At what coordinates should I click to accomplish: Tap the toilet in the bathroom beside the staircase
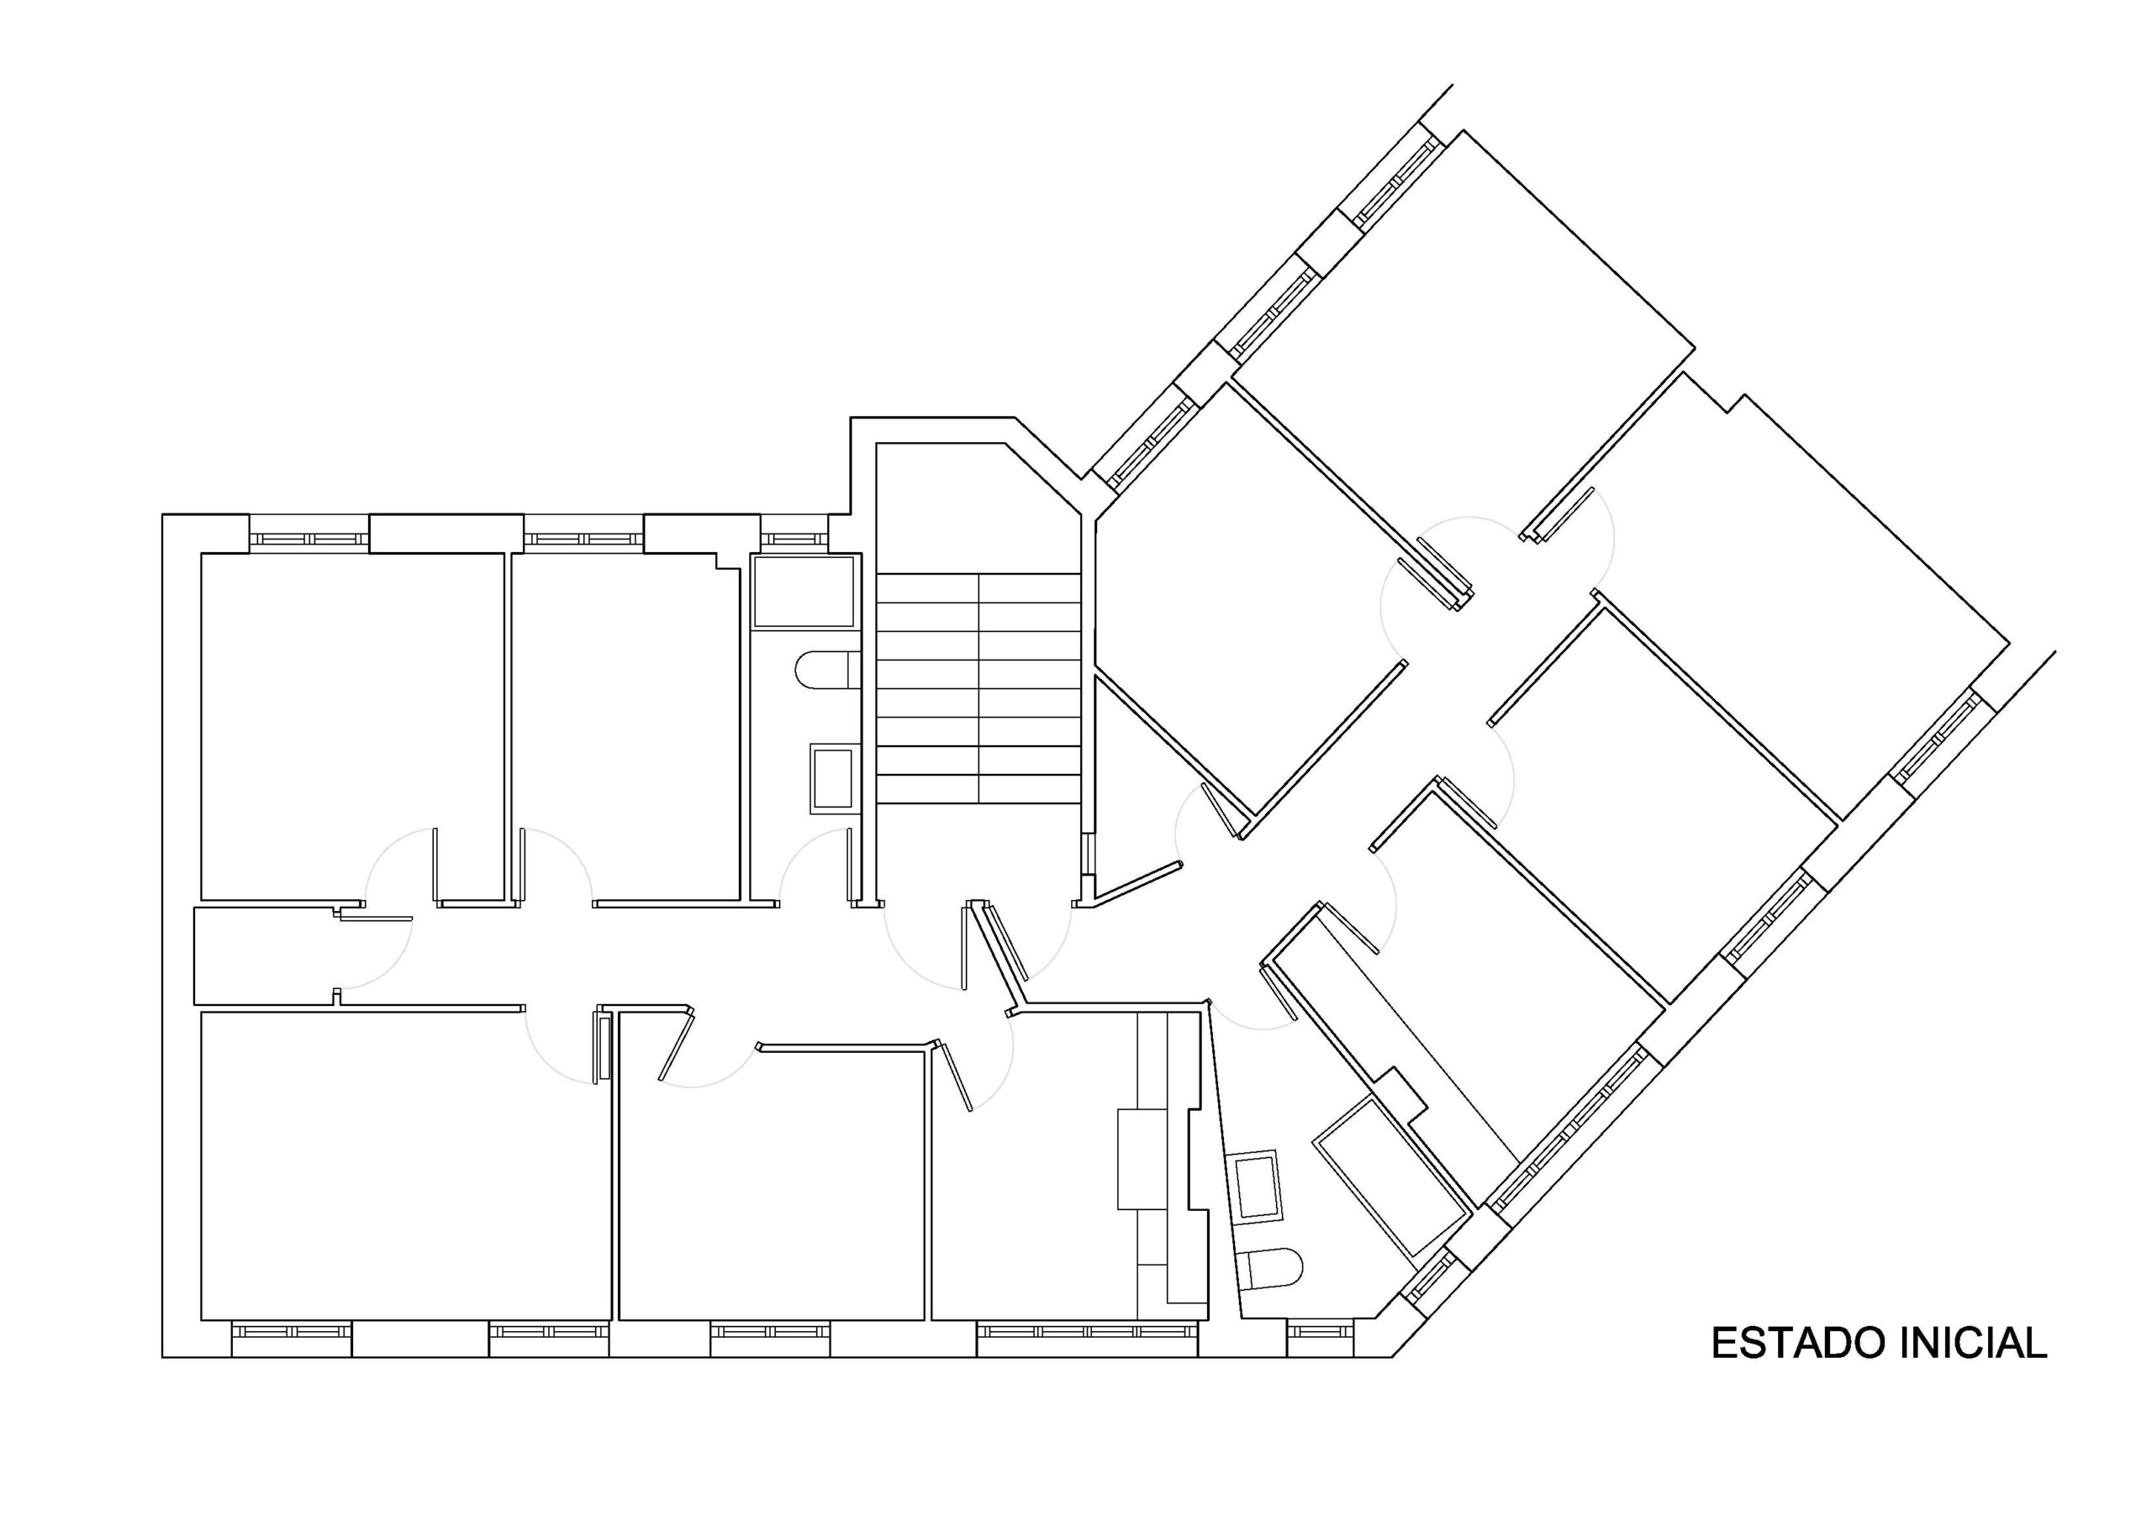click(x=826, y=670)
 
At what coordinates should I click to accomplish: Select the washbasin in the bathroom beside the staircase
click(x=832, y=778)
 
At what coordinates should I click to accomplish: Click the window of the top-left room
click(x=309, y=539)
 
